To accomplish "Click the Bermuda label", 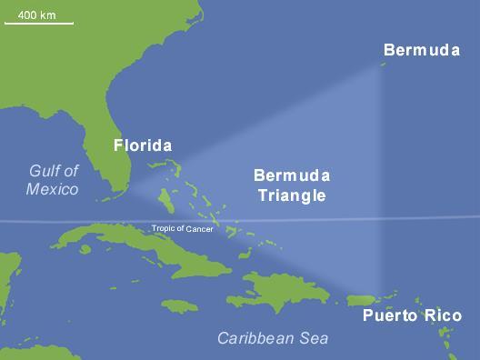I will point(421,50).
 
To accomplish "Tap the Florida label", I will point(142,145).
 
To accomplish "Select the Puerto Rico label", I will point(412,316).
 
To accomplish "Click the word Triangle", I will point(291,195).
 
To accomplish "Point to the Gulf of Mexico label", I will point(52,180).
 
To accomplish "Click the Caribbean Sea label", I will point(273,339).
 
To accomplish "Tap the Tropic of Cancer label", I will point(183,229).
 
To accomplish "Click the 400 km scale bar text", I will point(38,15).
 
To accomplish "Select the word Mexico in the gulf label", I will point(52,189).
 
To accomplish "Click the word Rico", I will point(443,316).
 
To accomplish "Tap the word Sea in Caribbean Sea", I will point(312,339).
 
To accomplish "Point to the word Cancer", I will point(200,229).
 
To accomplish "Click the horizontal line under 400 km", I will point(38,24).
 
